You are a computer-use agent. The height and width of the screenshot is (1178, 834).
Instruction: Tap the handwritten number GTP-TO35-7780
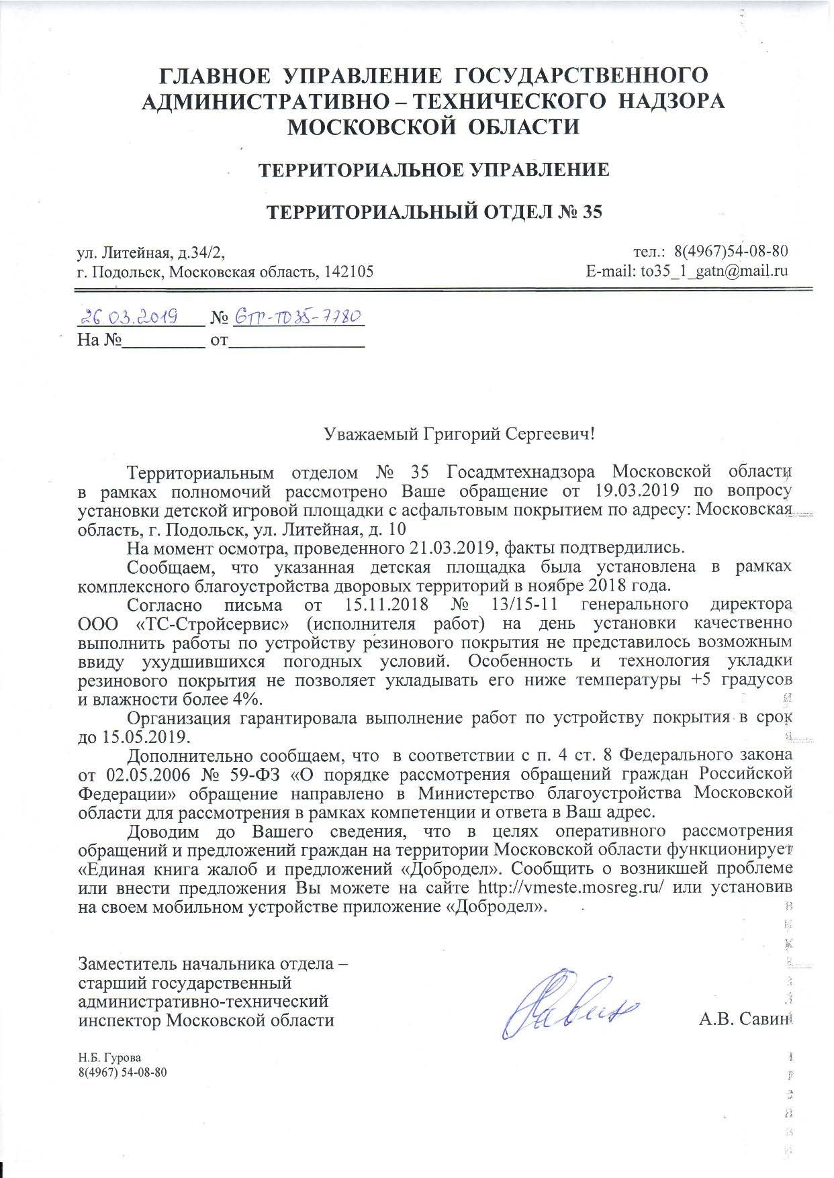tap(297, 315)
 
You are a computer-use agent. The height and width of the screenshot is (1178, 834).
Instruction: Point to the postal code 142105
tap(349, 272)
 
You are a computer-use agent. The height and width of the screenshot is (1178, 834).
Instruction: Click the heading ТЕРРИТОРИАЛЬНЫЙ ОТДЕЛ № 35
tap(435, 213)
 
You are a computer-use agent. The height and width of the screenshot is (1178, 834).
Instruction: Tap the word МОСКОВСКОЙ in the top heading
tap(355, 126)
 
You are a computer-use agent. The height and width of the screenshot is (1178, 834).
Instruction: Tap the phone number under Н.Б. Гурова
tap(122, 1072)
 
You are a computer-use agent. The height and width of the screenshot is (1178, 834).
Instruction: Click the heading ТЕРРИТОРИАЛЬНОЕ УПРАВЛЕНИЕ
tap(435, 170)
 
